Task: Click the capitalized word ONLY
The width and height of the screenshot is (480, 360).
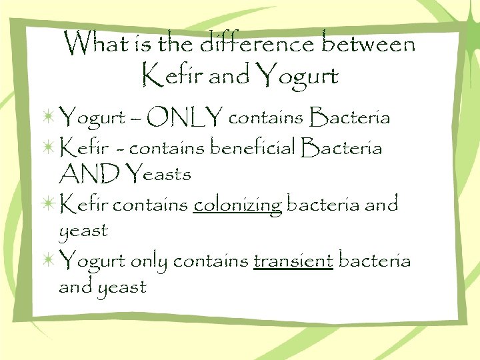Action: (185, 119)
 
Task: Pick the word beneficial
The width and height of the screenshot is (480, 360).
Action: (253, 147)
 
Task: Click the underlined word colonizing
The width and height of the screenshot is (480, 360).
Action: (237, 205)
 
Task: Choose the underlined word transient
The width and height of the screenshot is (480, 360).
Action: (293, 261)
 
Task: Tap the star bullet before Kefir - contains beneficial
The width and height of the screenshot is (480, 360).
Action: (48, 147)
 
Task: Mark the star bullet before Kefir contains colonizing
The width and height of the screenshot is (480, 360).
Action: (48, 203)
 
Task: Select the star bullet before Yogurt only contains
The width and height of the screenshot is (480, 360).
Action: (48, 260)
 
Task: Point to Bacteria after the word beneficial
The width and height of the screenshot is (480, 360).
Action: (342, 147)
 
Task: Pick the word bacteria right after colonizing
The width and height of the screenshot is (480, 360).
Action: (323, 204)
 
